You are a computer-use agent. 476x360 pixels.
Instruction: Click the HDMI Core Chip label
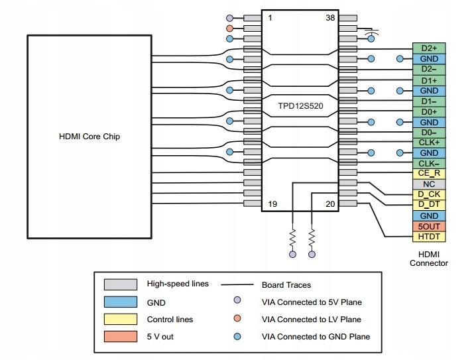(89, 137)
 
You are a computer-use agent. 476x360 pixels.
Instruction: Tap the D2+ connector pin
(429, 48)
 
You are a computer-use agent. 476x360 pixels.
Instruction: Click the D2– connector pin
(429, 69)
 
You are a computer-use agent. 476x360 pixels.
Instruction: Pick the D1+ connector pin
(429, 80)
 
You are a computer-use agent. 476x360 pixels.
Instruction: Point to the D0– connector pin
(429, 133)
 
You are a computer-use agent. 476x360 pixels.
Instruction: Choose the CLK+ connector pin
(429, 143)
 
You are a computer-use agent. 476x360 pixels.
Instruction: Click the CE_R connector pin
(429, 174)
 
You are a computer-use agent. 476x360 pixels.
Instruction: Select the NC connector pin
(429, 184)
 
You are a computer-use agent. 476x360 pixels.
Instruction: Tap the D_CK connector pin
(429, 195)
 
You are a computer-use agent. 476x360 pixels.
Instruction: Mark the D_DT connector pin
(429, 205)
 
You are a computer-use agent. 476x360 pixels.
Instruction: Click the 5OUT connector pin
(429, 226)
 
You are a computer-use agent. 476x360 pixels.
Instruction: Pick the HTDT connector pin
(429, 237)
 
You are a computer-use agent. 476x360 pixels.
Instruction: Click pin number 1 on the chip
(270, 18)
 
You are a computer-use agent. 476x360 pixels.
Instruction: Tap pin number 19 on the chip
(272, 204)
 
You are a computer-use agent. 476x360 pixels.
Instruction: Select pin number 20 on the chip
(329, 204)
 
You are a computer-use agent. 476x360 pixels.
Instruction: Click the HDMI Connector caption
(429, 258)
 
